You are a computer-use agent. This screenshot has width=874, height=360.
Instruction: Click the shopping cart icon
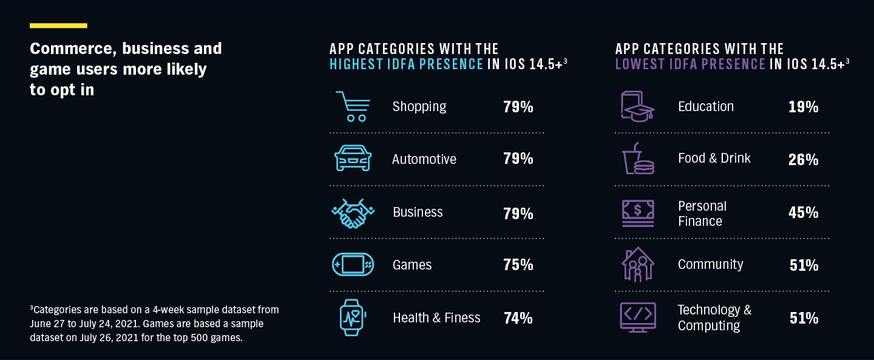352,107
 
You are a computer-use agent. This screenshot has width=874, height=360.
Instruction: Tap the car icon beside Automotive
353,158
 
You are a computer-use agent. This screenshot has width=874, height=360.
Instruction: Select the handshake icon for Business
353,212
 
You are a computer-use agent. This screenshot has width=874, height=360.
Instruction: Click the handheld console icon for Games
353,265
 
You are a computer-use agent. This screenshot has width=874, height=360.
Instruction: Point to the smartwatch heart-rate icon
353,318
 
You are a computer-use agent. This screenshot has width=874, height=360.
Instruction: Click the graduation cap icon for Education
637,107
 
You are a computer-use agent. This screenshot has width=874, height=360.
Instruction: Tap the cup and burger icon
638,159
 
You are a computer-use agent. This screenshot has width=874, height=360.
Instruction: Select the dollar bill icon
638,212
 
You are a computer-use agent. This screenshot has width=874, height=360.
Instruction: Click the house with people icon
637,265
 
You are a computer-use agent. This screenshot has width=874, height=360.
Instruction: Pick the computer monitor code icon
637,318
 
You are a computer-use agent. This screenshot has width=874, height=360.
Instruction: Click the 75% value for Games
518,265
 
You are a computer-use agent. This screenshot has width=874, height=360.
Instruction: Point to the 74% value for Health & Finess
518,318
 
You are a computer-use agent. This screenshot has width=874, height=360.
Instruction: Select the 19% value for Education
803,107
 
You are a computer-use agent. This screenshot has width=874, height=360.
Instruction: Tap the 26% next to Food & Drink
803,160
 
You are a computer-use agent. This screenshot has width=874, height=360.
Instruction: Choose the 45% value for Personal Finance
803,213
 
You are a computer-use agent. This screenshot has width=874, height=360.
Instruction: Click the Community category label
710,265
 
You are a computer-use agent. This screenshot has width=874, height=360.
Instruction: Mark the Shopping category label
419,107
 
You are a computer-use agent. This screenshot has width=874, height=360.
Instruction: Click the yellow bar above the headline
58,25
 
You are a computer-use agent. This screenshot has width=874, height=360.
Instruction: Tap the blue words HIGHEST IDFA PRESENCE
406,64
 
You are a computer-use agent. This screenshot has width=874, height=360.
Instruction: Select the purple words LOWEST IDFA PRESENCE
690,64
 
